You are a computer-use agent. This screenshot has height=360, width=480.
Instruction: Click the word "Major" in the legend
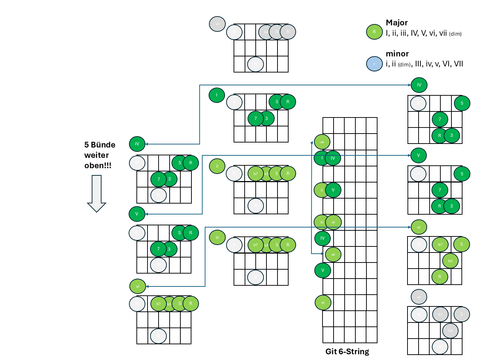coord(396,22)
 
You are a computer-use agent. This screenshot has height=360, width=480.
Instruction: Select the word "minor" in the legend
coord(397,54)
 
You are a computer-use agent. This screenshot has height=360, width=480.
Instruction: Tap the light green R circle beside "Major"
coord(374,32)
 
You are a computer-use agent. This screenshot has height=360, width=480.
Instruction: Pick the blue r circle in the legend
coord(374,64)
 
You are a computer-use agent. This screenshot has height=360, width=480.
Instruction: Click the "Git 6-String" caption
coord(347,351)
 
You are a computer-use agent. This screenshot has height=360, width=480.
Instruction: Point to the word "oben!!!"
coord(98,165)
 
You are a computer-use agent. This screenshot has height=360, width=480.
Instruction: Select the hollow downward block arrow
coord(96,193)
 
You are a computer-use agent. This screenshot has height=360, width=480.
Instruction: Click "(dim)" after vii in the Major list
coord(455,34)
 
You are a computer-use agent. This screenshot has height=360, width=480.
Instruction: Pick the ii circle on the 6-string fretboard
coord(321,190)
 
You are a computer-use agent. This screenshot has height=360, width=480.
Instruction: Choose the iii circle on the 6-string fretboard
coord(321,222)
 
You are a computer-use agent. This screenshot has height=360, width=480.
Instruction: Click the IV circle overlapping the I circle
coord(333,158)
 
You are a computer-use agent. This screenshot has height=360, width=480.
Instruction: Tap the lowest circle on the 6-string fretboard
coord(323,303)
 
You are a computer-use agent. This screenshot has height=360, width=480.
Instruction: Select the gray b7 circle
coord(440,315)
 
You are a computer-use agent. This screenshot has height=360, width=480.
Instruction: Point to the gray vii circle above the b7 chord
coord(419,297)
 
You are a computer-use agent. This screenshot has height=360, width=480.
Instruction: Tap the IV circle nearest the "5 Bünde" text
coord(137,144)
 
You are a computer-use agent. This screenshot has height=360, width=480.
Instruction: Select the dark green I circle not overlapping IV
coord(217,95)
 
